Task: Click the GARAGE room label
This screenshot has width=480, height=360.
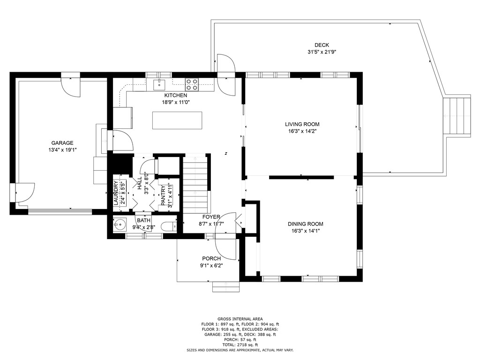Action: click(62, 143)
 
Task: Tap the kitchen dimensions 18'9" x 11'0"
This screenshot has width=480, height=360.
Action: click(176, 102)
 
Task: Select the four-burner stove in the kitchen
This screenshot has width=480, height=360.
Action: click(192, 84)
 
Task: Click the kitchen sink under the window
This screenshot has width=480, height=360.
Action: click(160, 84)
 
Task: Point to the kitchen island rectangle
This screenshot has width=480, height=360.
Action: click(177, 120)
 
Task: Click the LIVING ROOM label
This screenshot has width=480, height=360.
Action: click(302, 124)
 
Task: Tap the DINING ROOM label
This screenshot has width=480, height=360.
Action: click(305, 224)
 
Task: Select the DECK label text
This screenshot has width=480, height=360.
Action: click(322, 45)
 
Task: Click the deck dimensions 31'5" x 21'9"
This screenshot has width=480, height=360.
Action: click(322, 52)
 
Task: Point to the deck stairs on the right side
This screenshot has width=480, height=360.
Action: click(457, 116)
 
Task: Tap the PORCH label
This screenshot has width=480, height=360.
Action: click(212, 258)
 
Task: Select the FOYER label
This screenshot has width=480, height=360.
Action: click(211, 217)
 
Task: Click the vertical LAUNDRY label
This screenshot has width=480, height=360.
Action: click(116, 193)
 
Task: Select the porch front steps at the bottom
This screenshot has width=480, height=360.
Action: click(226, 286)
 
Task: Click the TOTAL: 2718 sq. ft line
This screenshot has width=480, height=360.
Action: click(240, 345)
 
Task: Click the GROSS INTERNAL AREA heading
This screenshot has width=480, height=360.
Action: click(240, 319)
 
